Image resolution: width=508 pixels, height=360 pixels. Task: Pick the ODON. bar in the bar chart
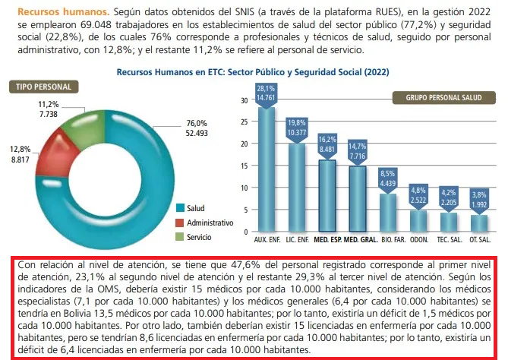point(418,221)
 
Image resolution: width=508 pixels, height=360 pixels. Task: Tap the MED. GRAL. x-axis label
point(358,240)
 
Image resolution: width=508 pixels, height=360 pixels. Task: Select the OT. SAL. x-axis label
point(479,240)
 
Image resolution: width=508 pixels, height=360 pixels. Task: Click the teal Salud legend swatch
point(180,208)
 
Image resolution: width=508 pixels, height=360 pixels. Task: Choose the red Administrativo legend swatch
point(180,223)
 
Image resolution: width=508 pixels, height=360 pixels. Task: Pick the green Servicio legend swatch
point(180,237)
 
